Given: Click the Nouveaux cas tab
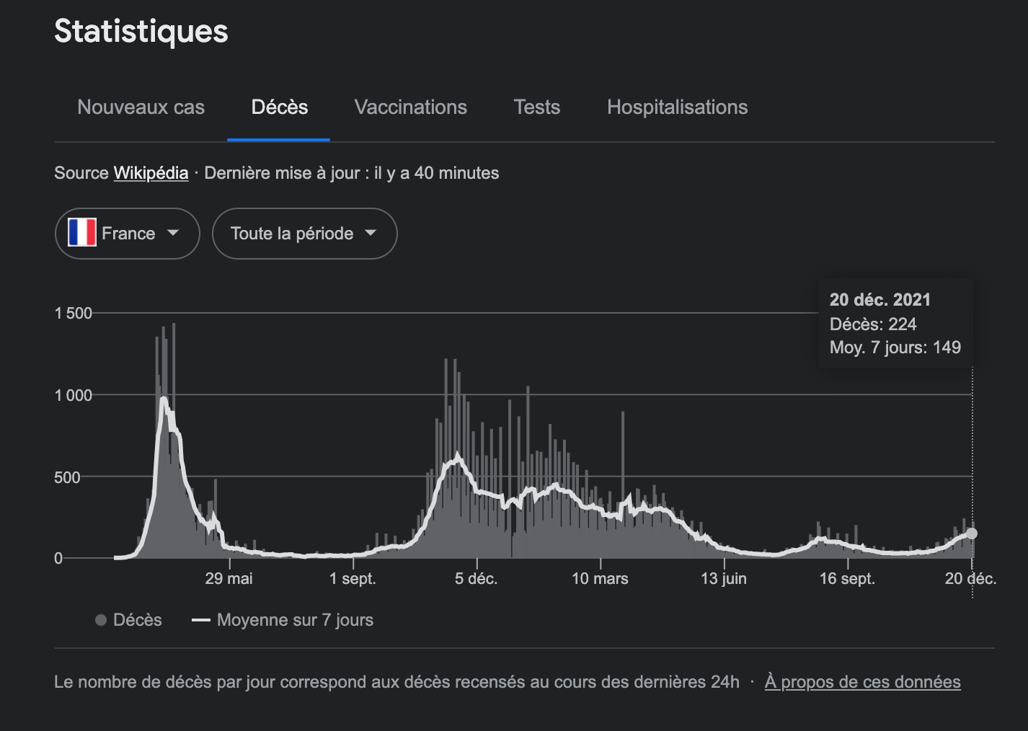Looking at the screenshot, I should tap(141, 107).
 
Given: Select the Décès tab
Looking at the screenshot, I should tap(279, 107).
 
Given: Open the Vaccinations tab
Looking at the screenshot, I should tap(410, 107).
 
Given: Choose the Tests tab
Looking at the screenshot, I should tap(536, 107).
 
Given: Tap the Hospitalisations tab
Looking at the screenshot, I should tap(677, 107).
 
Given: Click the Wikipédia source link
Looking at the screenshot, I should tap(151, 173).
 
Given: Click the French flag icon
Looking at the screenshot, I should tap(82, 233).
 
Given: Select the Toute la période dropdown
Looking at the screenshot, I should tap(304, 234).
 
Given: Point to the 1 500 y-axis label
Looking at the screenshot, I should tap(74, 313).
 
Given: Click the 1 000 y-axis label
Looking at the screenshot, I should tap(74, 395).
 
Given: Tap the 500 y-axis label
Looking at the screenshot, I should tap(67, 477).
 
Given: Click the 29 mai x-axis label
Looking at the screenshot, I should tap(229, 578).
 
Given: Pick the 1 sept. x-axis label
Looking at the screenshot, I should tap(353, 578).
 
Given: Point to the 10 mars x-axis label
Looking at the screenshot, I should tap(600, 578).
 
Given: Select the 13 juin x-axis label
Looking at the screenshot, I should tap(724, 578).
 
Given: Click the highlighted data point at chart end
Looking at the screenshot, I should tap(972, 533).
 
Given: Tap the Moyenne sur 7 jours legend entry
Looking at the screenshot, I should tap(283, 620).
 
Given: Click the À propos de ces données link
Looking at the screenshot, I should tap(862, 682).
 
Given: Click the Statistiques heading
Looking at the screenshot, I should tap(141, 32).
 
